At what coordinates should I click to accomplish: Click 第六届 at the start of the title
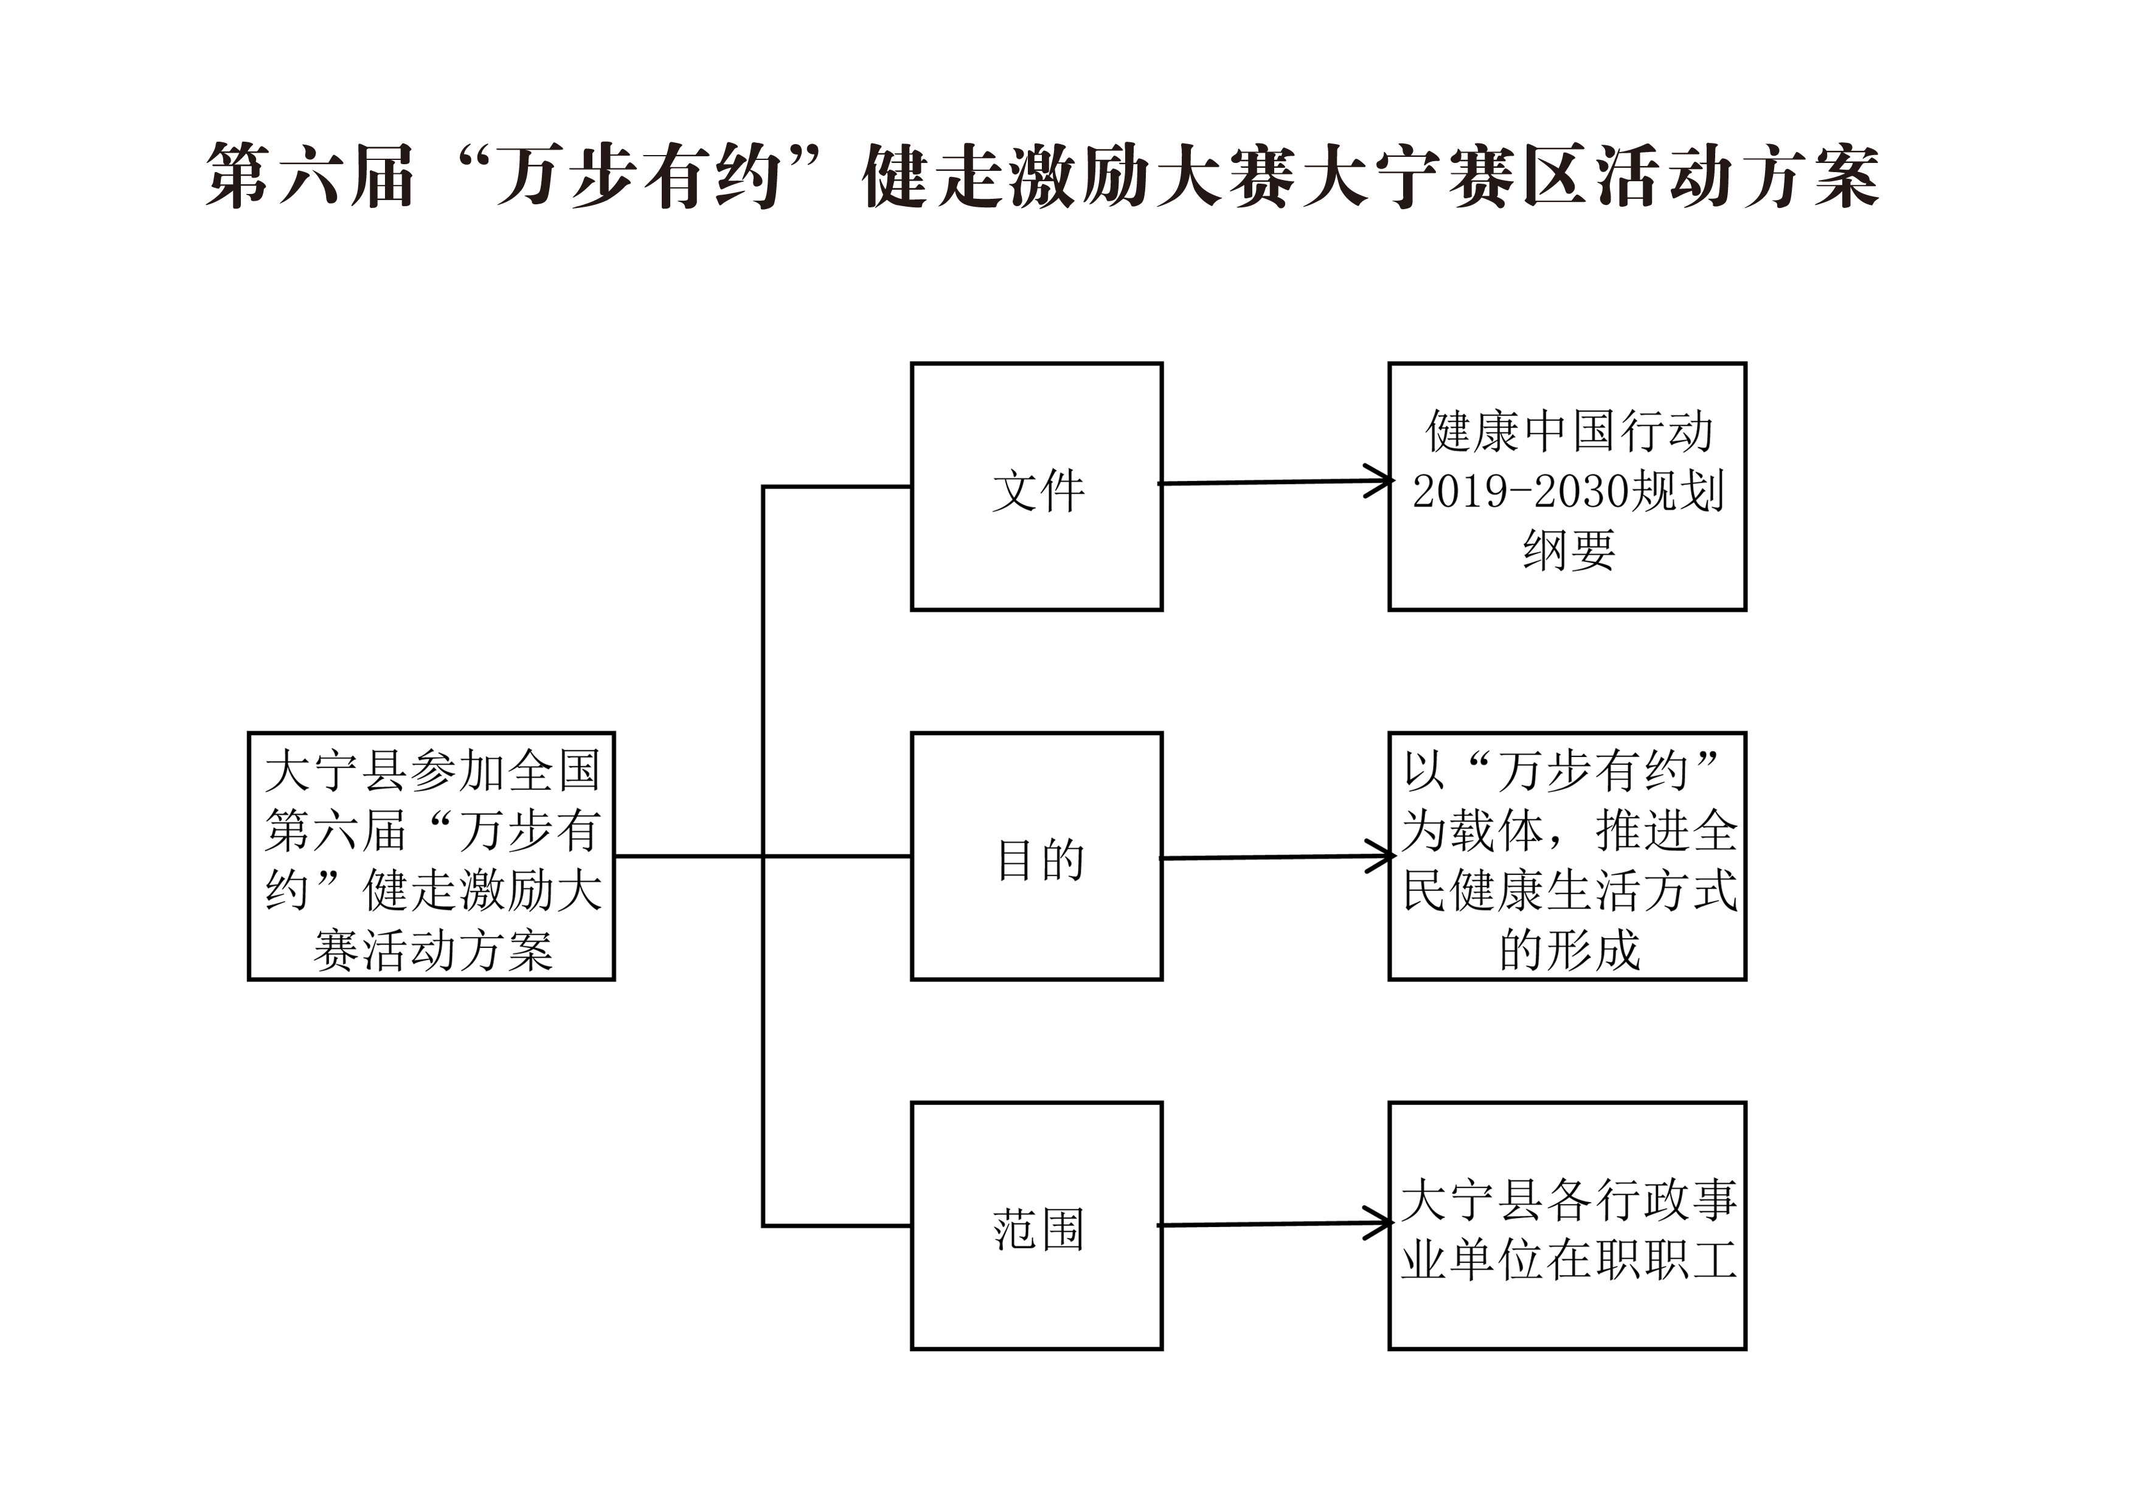(310, 176)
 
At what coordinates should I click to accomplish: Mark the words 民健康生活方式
(1569, 890)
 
